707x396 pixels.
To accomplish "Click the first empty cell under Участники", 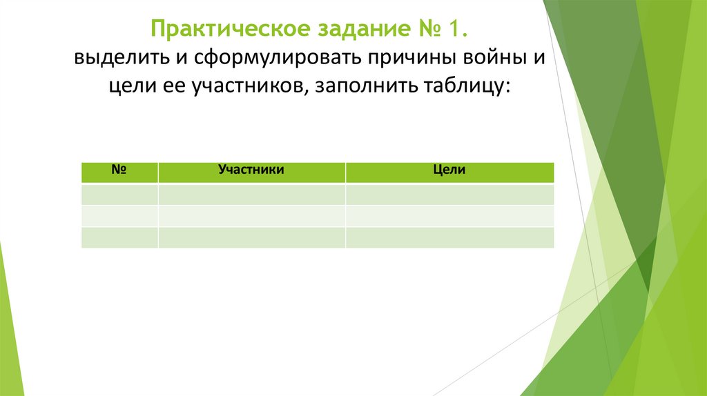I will [x=251, y=194].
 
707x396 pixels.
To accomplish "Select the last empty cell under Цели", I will [x=449, y=237].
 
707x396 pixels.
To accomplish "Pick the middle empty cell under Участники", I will [x=251, y=215].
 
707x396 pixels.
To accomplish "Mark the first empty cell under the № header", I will [x=119, y=194].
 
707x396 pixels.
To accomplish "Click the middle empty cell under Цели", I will [x=449, y=215].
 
